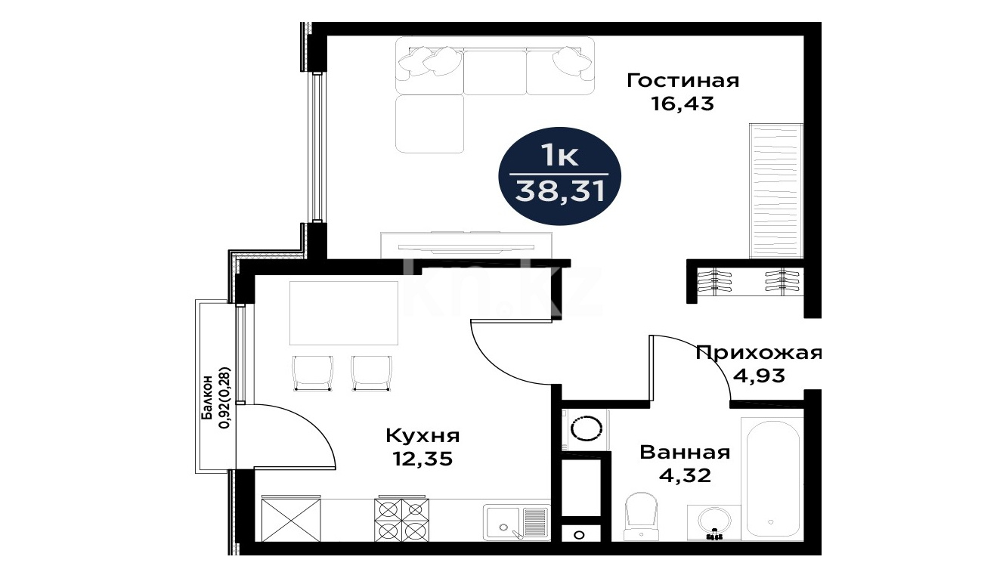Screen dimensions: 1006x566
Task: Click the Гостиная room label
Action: pos(683,82)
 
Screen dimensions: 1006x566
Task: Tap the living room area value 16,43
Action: pos(683,104)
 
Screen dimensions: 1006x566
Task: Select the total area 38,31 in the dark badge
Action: pos(559,192)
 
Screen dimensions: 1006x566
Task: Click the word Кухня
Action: pos(423,436)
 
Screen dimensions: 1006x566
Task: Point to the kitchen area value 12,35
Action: pos(423,459)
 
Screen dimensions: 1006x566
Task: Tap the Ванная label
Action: pos(685,453)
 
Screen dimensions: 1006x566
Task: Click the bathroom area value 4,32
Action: pos(685,475)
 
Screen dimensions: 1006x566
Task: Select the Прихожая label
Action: pos(759,353)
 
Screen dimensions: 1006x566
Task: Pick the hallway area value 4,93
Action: pos(759,376)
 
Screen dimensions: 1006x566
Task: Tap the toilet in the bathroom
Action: pos(641,516)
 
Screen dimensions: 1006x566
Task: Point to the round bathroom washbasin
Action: pos(714,523)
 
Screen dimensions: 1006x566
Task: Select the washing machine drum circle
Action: pos(585,428)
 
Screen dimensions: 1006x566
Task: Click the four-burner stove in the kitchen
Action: pos(401,519)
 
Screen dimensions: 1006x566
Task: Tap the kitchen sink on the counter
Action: pos(516,523)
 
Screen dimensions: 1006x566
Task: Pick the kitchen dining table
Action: pos(344,313)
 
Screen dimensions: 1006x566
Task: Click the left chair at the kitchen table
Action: pos(313,373)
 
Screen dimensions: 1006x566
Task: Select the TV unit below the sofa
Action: pos(466,245)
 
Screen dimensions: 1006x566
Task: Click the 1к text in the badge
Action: pos(559,156)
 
